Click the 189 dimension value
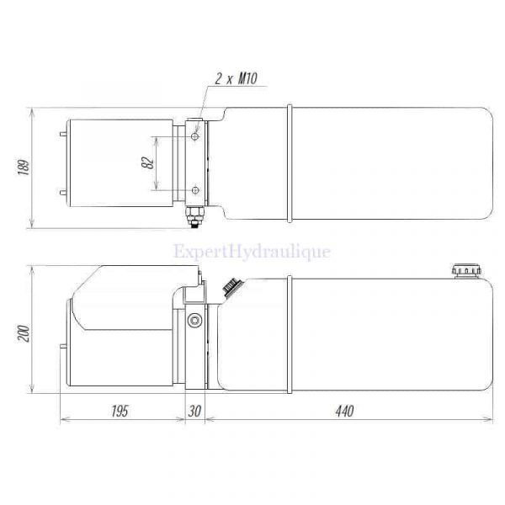tap(24, 167)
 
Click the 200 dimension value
tap(24, 333)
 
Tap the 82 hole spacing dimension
tap(148, 163)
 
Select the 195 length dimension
tap(120, 412)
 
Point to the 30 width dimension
tap(194, 412)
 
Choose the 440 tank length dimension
tap(344, 411)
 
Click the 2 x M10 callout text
tap(236, 78)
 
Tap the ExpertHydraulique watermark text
tap(252, 252)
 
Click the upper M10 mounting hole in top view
tap(195, 136)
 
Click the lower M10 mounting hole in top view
tap(195, 190)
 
